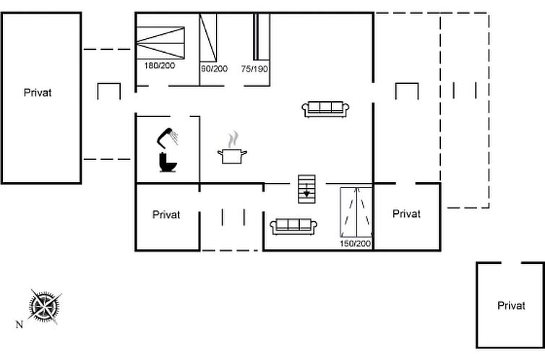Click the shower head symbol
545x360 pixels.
point(167,137)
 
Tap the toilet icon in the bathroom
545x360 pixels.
point(168,162)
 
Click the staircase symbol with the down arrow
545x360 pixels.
point(306,189)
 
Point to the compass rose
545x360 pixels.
point(44,307)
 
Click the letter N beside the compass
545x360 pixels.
point(20,325)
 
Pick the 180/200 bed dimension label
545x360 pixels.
point(160,65)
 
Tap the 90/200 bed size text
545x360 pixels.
point(214,69)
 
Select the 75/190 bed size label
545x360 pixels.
point(254,69)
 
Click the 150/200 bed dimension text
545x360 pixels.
point(355,243)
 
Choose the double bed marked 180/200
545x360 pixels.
point(160,43)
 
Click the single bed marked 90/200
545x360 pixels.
point(208,37)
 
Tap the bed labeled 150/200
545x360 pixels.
point(356,212)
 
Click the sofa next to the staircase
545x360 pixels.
point(293,226)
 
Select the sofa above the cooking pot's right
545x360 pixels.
point(325,109)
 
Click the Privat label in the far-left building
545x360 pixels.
point(38,93)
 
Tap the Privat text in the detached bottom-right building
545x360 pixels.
point(511,306)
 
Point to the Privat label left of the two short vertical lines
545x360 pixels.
point(166,215)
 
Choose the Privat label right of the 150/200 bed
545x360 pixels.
point(406,214)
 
